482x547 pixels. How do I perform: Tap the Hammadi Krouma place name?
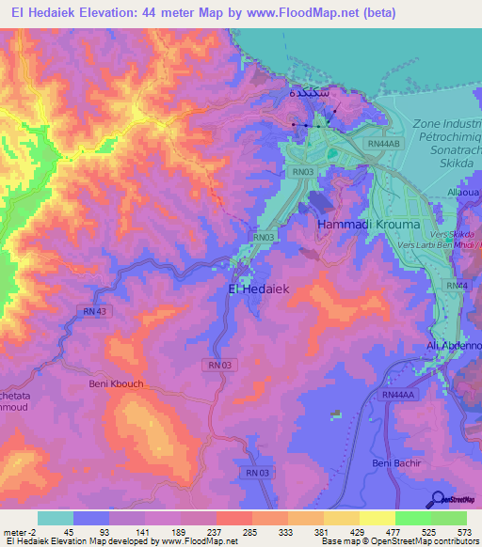(x=355, y=226)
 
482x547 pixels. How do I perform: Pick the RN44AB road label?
(x=386, y=144)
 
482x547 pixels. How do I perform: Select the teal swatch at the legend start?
(x=55, y=518)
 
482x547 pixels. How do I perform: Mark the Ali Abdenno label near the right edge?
(x=454, y=346)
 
